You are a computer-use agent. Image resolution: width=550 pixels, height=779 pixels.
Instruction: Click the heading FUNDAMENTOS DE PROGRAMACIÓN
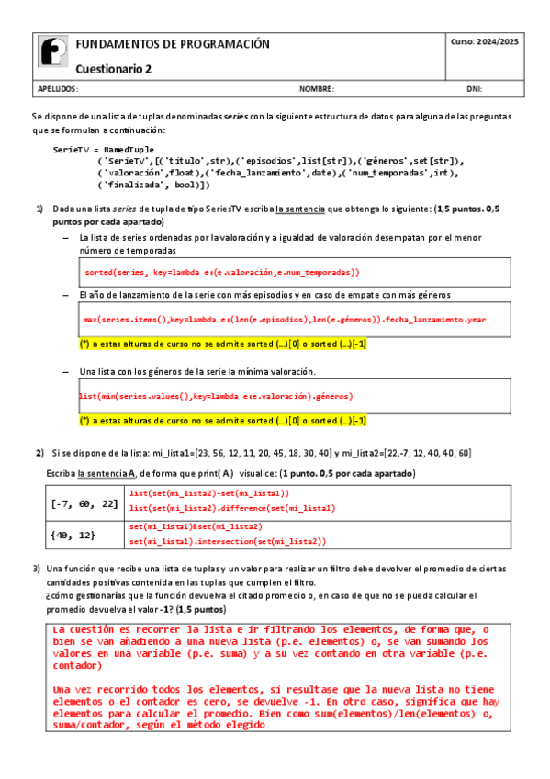pos(173,44)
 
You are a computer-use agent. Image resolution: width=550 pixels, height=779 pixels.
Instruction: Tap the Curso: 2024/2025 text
pos(485,42)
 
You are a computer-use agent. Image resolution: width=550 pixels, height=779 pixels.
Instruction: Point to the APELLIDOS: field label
pos(58,90)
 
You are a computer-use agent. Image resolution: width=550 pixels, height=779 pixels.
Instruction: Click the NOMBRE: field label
pos(317,90)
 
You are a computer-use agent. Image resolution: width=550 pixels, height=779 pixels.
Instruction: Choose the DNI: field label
pos(475,90)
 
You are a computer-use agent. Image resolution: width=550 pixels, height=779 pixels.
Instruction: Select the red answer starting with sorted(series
pos(221,273)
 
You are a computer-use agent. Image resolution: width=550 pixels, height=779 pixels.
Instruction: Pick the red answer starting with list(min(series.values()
pos(216,396)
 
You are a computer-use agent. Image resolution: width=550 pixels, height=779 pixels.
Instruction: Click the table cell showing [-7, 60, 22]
pos(84,503)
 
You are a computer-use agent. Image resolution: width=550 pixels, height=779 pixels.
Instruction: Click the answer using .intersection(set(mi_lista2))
pos(227,541)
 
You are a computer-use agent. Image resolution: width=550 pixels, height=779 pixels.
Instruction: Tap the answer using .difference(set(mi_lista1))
pos(232,507)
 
